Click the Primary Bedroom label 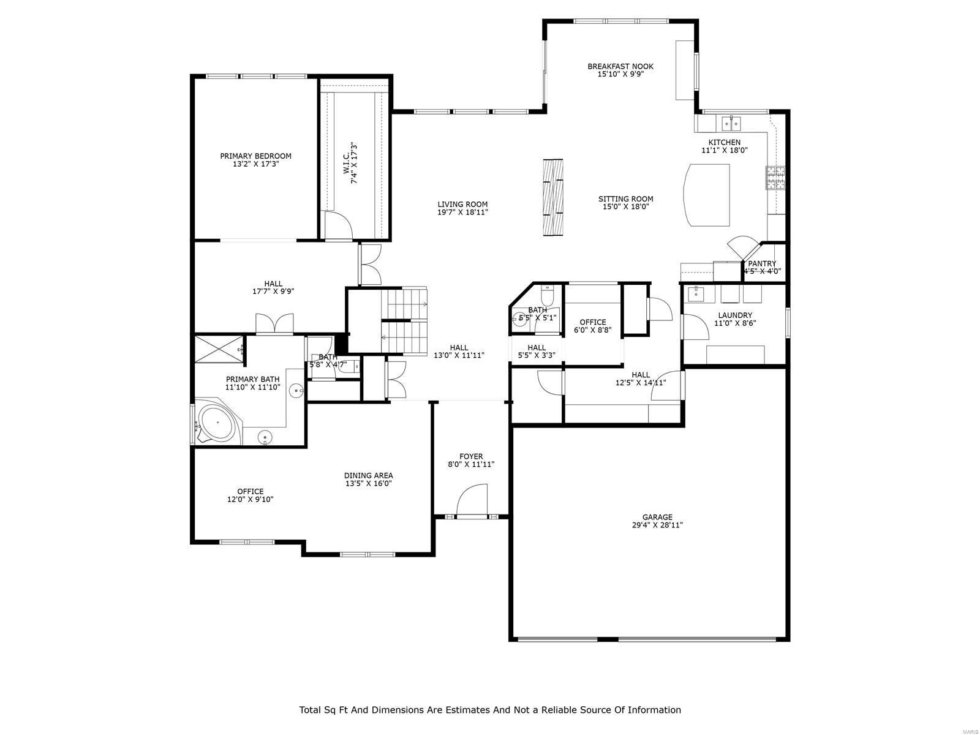click(255, 156)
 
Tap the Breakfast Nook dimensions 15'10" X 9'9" click(620, 75)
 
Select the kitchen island click(707, 195)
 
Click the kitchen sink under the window click(731, 124)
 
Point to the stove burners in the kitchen click(775, 178)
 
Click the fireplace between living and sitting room click(554, 197)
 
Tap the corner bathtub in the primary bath click(217, 423)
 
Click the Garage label click(657, 517)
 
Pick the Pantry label click(762, 263)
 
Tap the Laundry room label click(735, 315)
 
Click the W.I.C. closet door click(337, 225)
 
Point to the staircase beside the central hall click(404, 322)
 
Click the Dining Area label click(368, 475)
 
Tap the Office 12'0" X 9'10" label click(250, 491)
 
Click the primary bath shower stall click(217, 349)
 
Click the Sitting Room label click(625, 198)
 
